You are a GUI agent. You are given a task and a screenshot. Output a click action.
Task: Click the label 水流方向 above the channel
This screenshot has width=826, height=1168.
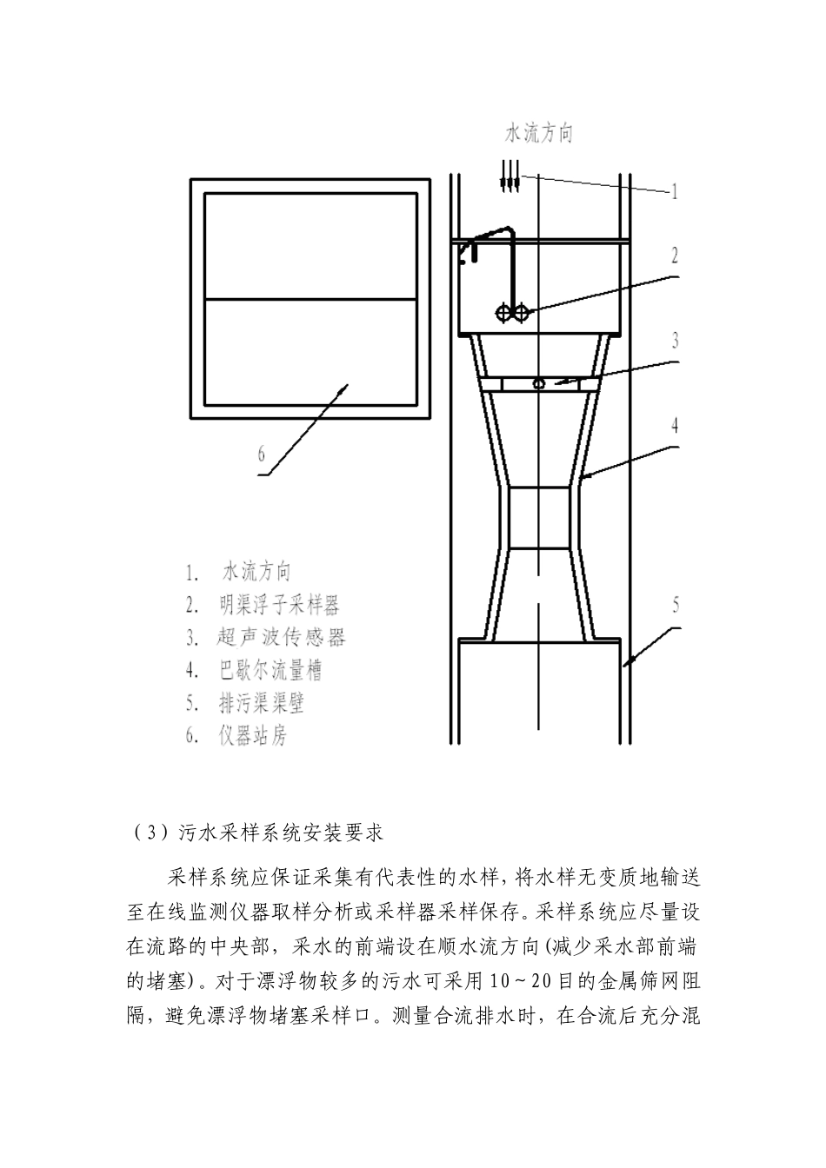coord(540,134)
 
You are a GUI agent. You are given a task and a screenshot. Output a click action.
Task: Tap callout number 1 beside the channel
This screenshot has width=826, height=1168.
coord(674,192)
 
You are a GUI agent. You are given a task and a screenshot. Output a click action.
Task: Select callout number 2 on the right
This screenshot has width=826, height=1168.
coord(674,255)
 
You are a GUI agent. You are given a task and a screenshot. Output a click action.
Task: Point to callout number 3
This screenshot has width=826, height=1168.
coord(675,340)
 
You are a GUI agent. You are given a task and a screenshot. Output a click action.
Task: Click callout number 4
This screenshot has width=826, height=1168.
coord(675,426)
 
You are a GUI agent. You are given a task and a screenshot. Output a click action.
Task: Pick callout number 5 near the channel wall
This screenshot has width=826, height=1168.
coord(676,606)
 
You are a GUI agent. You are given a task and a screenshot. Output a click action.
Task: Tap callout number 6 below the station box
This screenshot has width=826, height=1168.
coord(260,453)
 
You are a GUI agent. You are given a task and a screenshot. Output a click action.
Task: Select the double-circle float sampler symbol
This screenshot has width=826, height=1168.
coord(511,313)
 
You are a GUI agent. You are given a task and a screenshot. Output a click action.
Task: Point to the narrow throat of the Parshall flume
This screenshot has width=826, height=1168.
coord(538,519)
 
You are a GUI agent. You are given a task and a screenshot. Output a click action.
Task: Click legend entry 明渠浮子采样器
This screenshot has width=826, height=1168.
coord(279,605)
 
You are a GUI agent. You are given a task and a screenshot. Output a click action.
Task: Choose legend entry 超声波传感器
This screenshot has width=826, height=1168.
coord(282,637)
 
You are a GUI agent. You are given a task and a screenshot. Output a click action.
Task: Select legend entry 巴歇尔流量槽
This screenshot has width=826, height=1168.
coord(272,670)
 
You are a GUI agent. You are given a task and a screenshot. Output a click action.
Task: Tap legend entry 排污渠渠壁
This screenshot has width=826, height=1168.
coord(262,702)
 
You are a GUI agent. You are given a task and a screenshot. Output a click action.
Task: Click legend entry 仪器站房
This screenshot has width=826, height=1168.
coord(253,735)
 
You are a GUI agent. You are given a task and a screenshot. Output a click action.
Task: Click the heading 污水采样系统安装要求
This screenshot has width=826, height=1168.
coord(279,833)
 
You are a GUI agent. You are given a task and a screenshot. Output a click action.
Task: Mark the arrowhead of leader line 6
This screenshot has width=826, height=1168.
coord(345,390)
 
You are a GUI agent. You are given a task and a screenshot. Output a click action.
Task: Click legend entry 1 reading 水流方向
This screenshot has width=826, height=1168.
coord(257,572)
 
